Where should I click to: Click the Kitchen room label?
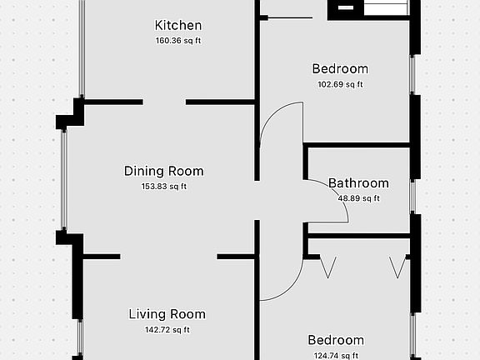coord(178,25)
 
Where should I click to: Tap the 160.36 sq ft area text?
coord(178,41)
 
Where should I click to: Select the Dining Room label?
coord(164,171)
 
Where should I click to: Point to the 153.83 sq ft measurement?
coord(164,187)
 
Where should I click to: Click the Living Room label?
coord(167,314)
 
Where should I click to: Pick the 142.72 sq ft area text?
coord(167,330)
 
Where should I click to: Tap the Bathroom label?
coord(358,183)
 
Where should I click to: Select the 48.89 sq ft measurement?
coord(359,198)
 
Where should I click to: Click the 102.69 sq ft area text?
coord(340,84)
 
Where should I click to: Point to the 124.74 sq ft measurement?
coord(336,356)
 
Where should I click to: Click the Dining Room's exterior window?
coord(63,179)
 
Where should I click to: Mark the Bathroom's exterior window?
coord(412,197)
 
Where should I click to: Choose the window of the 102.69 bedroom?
coord(412,75)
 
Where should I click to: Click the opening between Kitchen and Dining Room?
coord(164,102)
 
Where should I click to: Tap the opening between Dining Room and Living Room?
coord(168,257)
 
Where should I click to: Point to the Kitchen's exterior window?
coord(82,48)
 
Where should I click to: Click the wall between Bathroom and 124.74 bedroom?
coord(359,236)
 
